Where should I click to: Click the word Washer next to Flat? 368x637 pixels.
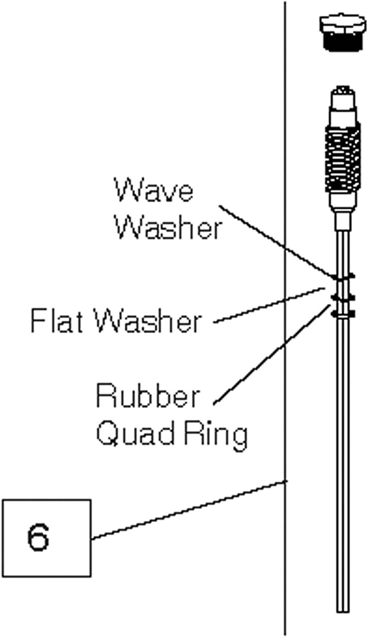tap(149, 321)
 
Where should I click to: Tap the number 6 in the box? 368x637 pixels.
tap(38, 537)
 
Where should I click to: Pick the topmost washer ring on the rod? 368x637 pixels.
tap(344, 277)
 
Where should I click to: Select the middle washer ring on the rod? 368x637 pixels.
tap(344, 298)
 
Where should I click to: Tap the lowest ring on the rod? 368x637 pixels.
tap(344, 314)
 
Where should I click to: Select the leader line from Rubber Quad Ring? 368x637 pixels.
tap(272, 353)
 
